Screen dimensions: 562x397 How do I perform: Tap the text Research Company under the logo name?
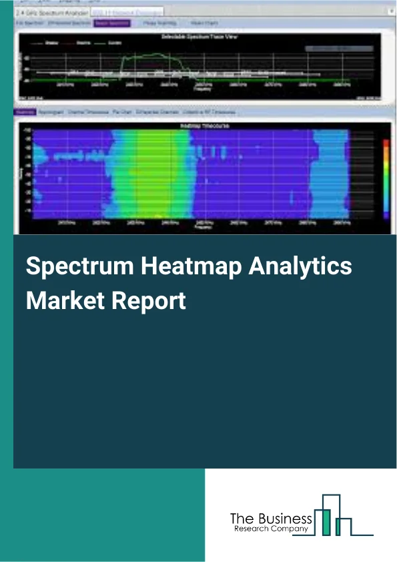[271, 529]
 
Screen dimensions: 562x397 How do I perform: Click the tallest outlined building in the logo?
[330, 503]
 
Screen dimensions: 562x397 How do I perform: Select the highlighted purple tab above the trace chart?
[112, 23]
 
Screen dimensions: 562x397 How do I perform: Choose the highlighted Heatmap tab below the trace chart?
[24, 112]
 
